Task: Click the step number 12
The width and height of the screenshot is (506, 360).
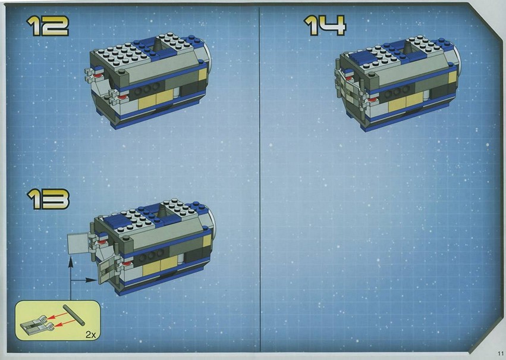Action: pyautogui.click(x=48, y=26)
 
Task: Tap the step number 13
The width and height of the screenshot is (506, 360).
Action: pyautogui.click(x=48, y=199)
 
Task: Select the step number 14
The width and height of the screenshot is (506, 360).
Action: pyautogui.click(x=325, y=26)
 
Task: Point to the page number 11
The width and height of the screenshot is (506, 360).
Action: pyautogui.click(x=501, y=353)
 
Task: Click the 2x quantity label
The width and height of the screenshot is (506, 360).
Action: pyautogui.click(x=91, y=334)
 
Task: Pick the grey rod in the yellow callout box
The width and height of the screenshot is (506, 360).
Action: pyautogui.click(x=74, y=314)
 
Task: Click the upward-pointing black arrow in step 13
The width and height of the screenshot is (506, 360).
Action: pyautogui.click(x=71, y=278)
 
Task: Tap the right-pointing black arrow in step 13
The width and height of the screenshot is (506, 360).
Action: pyautogui.click(x=83, y=280)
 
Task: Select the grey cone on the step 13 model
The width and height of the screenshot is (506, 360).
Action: pyautogui.click(x=162, y=211)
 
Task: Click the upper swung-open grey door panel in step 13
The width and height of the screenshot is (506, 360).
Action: pyautogui.click(x=78, y=244)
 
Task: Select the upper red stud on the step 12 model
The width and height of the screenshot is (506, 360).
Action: pyautogui.click(x=98, y=75)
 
